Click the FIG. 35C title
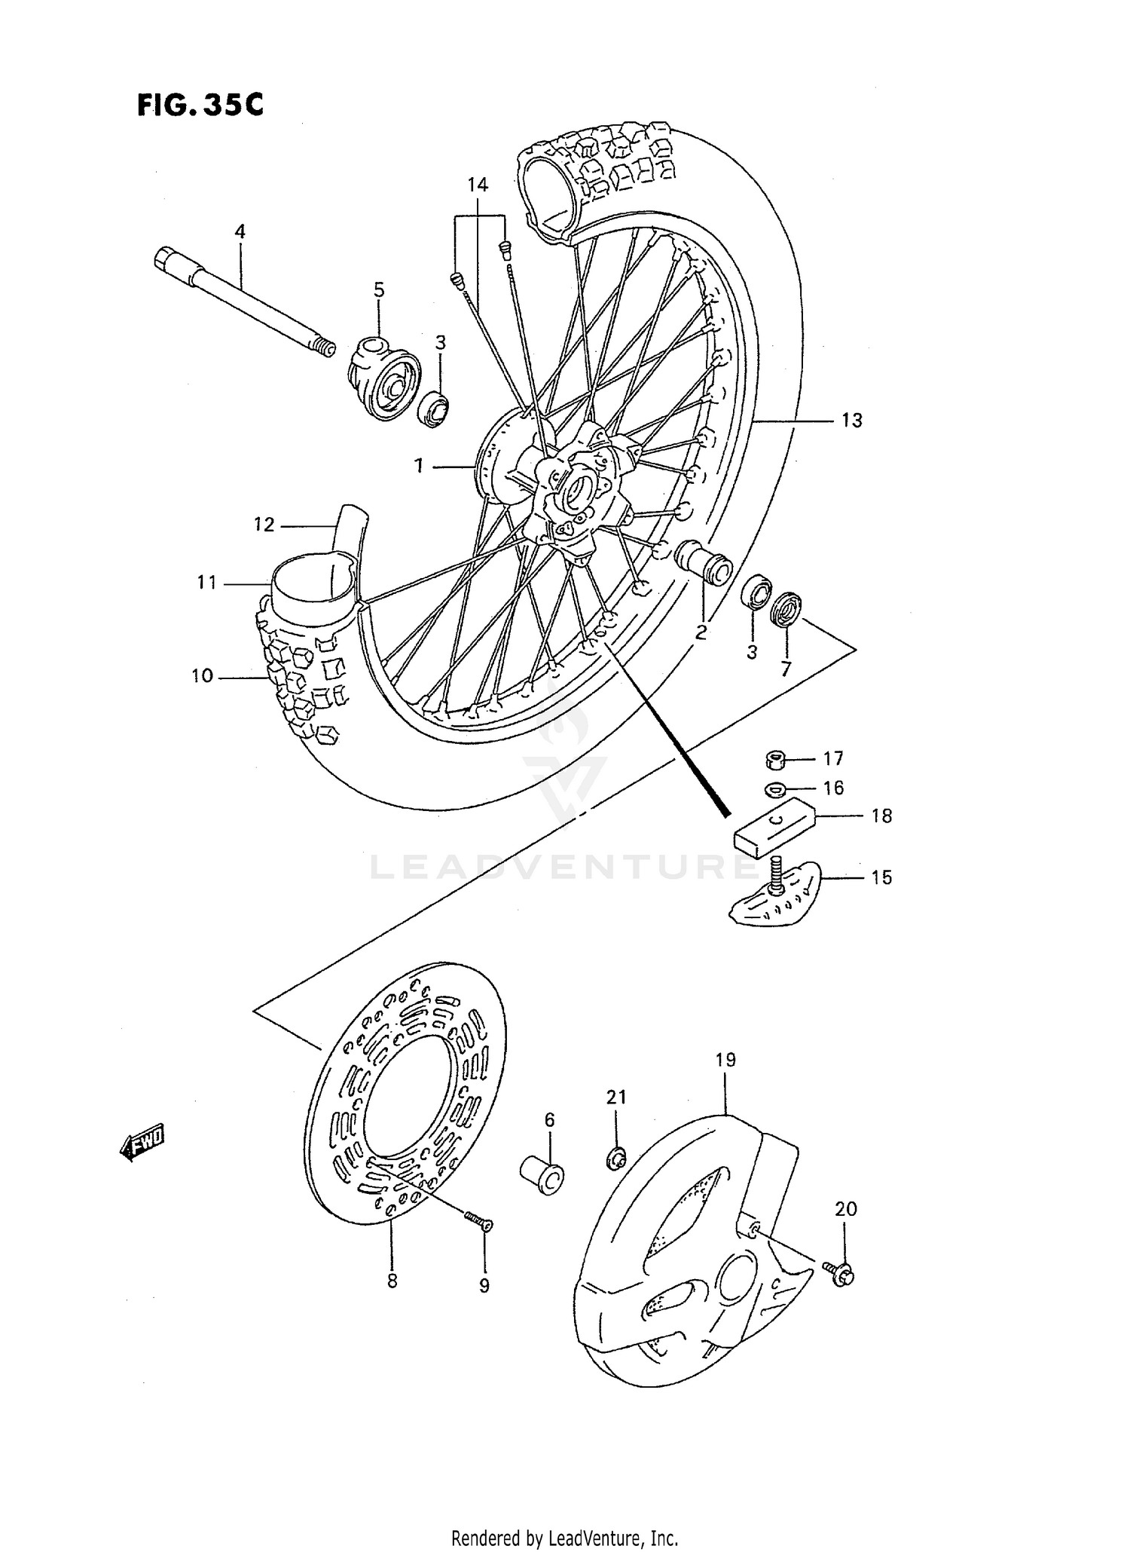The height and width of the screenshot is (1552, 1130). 200,105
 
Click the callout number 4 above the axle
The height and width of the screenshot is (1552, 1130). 240,231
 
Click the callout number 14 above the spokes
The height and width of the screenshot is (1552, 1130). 478,185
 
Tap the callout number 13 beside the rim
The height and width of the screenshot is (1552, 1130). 851,420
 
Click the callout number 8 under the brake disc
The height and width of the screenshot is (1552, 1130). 392,1281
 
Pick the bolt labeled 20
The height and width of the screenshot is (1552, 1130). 842,1273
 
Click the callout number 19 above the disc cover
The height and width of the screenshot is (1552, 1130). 725,1059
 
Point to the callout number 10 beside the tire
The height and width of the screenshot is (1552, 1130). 202,676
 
